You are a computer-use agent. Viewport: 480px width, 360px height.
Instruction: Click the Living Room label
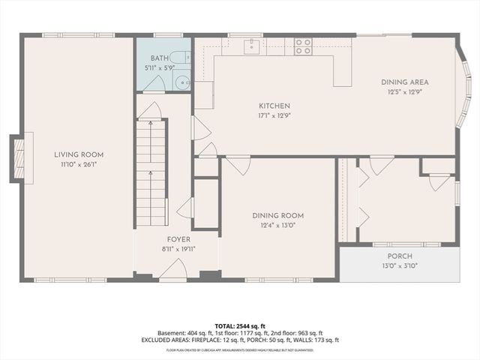[78, 154]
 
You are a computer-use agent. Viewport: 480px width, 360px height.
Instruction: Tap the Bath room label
[158, 58]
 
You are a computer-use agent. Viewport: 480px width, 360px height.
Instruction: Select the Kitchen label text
[253, 106]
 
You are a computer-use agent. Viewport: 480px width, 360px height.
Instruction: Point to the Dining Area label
[405, 82]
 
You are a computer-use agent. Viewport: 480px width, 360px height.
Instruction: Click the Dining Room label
[277, 215]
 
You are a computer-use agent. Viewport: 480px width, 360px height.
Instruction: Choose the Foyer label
[178, 239]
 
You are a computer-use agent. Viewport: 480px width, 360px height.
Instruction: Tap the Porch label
[400, 256]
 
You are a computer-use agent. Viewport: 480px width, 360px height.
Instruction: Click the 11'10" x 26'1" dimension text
[78, 164]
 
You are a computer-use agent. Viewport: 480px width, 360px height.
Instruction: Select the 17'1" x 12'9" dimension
[253, 115]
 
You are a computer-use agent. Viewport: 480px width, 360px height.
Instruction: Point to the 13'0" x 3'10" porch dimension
[400, 265]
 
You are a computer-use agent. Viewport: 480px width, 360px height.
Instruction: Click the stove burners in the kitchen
[303, 46]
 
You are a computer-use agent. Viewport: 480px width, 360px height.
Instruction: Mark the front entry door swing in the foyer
[176, 268]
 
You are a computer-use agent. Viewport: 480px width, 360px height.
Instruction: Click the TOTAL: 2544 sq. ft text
[240, 325]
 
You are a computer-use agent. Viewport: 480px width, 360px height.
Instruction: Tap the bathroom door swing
[153, 84]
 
